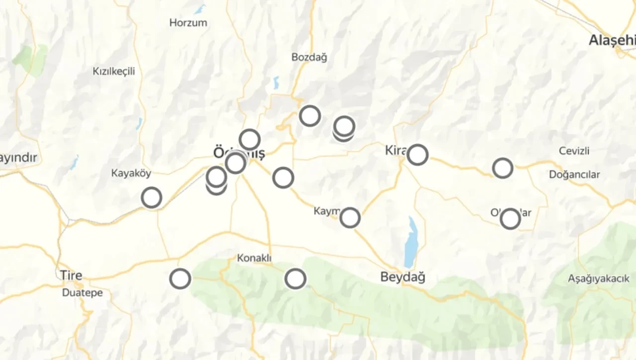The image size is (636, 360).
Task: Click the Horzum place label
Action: pos(188,23)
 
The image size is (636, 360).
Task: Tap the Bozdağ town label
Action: pos(309,58)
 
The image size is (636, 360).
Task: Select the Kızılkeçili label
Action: pos(114,72)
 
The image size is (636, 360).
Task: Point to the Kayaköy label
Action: pos(131,173)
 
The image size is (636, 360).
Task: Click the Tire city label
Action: pos(71,275)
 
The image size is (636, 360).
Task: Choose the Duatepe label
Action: pos(82,293)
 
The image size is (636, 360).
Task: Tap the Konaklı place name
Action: pos(254,258)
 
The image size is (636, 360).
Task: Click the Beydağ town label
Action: pos(402,277)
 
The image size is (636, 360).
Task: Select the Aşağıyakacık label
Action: pos(599,279)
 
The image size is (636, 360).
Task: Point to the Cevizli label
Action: pos(574,151)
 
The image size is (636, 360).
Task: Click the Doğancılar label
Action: pos(574,175)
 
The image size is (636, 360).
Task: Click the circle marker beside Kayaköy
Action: pos(152,198)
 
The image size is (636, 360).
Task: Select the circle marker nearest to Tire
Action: pos(180,279)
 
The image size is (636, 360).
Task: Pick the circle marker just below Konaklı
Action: pos(295,279)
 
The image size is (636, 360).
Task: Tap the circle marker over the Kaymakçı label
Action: pos(350,217)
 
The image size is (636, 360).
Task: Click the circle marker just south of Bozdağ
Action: pos(310,116)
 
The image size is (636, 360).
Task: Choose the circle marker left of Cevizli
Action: pos(502,168)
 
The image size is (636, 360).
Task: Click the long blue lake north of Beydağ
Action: pos(410,242)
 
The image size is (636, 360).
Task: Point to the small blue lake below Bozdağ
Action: pos(276,82)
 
